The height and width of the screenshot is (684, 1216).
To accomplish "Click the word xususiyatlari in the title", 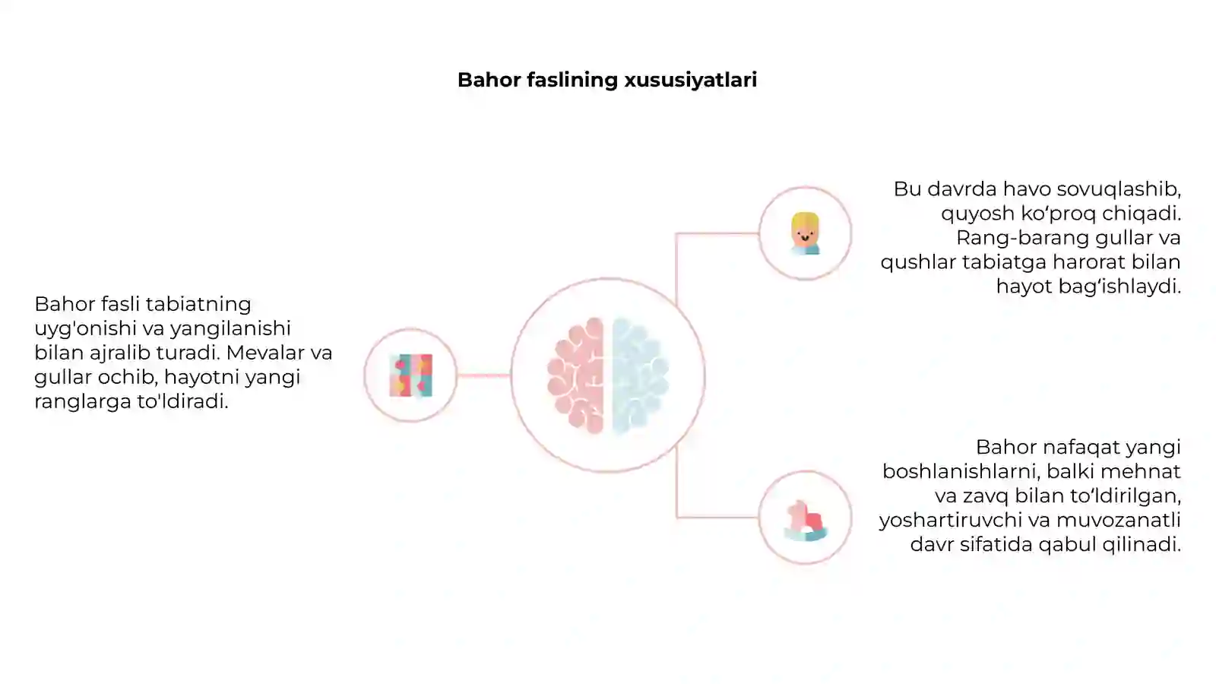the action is tap(691, 80).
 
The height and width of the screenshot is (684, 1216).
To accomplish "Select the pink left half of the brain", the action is tap(576, 375).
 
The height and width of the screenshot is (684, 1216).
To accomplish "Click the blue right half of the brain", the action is tap(640, 375).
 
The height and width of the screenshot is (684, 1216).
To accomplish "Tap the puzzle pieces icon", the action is tap(411, 375).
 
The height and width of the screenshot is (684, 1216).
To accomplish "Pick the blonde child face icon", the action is tap(805, 233).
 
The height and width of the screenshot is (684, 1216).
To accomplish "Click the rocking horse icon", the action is tap(806, 520).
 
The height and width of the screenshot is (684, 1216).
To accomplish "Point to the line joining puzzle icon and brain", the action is tap(483, 375).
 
